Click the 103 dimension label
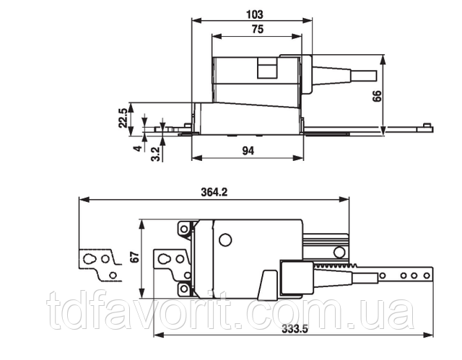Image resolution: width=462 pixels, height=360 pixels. pos(255,14)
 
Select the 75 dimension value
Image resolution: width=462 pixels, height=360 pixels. pos(258,30)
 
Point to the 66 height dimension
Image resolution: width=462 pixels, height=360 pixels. pos(377,96)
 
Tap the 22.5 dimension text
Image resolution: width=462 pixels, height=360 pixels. pos(123,118)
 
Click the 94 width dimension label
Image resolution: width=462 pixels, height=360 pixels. pos(248,151)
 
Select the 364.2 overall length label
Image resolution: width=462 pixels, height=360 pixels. pos(214,192)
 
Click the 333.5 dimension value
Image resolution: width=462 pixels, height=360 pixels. pos(295,328)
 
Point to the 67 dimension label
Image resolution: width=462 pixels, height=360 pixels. pos(134,257)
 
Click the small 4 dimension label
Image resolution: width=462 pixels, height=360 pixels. pos(138,149)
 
